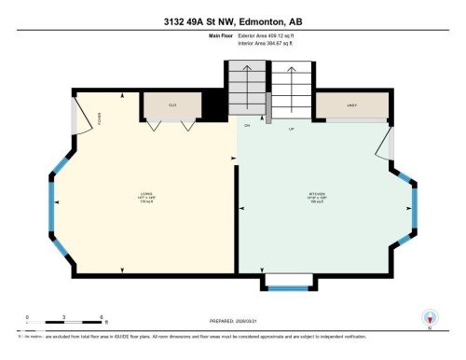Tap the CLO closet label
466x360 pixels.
point(172,105)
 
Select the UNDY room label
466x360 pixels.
point(351,105)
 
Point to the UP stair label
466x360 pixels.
point(291,128)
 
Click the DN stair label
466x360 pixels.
point(248,125)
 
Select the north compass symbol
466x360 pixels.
point(430,318)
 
